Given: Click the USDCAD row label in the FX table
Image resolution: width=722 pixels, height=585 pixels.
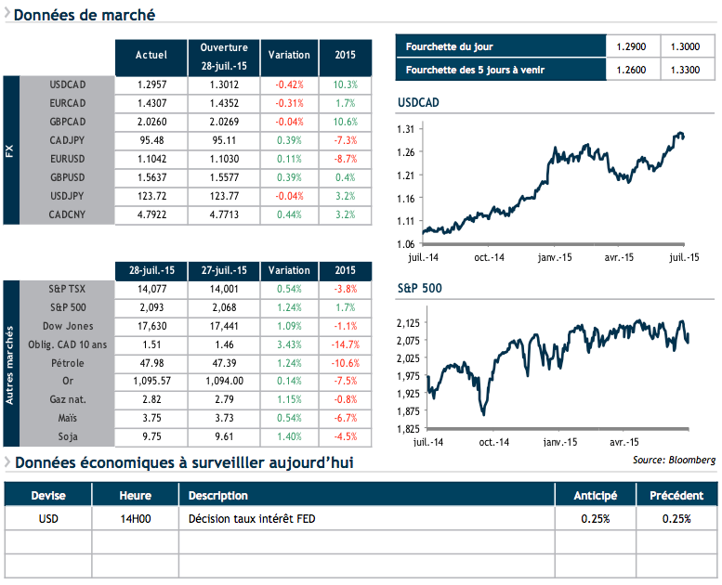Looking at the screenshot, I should tap(68, 84).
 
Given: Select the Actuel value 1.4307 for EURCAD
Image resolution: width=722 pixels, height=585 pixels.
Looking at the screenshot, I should tap(151, 103).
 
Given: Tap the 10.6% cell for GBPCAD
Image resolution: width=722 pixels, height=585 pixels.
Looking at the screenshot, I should tap(344, 122).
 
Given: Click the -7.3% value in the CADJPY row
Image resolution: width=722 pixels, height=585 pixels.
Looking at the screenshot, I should tap(344, 140).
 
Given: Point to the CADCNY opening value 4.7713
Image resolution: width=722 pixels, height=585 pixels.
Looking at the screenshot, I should tap(224, 214).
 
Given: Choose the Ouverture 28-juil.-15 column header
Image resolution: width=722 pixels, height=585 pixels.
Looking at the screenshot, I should tap(224, 55).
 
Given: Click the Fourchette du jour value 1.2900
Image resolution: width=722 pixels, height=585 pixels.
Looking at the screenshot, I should tap(631, 46).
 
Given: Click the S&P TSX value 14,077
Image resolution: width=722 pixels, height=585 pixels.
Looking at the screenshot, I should tap(151, 289).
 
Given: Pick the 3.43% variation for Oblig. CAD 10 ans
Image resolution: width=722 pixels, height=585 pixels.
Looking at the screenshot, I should tap(288, 344).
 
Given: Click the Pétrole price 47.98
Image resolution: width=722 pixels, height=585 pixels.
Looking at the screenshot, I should tap(151, 363).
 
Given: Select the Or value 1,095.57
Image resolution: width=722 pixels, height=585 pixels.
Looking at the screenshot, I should tap(151, 382).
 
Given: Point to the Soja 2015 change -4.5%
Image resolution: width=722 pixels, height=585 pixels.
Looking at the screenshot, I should tap(344, 437).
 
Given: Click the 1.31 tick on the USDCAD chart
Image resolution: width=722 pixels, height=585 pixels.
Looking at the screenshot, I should tap(405, 129).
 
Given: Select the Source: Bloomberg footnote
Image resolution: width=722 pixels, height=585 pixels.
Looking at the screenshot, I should tap(674, 460).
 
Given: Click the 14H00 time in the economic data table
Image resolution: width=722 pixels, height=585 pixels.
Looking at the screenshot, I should tap(135, 518).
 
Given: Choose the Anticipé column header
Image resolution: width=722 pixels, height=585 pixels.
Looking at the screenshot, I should tap(595, 495).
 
